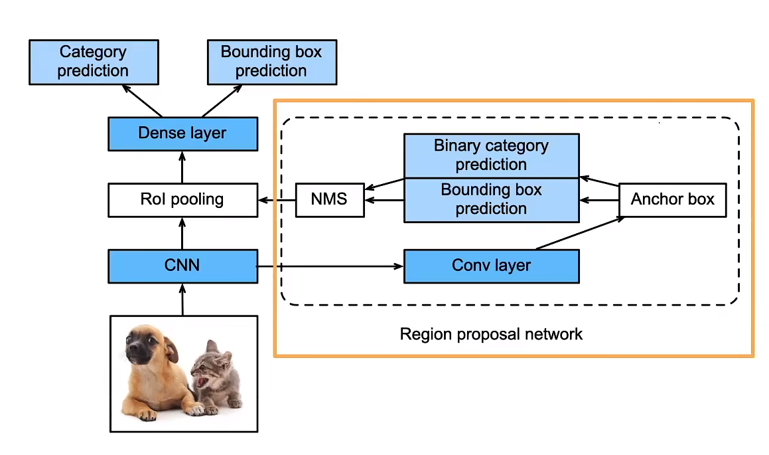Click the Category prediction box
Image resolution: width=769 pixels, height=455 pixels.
(x=94, y=62)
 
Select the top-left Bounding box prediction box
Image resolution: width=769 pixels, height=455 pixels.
(x=271, y=62)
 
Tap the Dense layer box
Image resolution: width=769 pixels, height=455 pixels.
(x=182, y=134)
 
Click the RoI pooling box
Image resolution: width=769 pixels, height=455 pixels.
(x=182, y=199)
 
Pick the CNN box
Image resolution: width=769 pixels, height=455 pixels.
(x=182, y=266)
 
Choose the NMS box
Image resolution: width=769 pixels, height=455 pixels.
(x=330, y=199)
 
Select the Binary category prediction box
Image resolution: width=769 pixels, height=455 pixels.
(x=491, y=155)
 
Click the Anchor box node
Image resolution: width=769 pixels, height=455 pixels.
(x=672, y=199)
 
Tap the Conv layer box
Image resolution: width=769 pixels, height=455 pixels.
(x=491, y=266)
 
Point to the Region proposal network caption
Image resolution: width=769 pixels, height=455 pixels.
(x=491, y=333)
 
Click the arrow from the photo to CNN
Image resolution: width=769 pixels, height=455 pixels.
(x=182, y=299)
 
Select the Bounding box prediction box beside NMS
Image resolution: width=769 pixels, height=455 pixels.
(x=491, y=199)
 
